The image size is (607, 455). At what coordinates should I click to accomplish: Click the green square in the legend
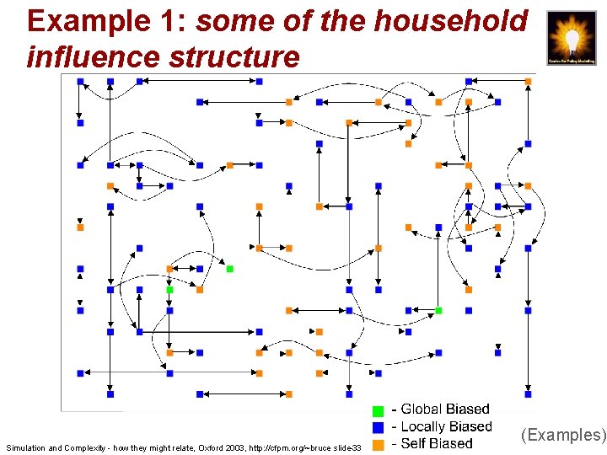point(378,410)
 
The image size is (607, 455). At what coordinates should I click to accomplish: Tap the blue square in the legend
point(378,427)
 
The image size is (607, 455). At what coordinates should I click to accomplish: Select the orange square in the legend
point(378,444)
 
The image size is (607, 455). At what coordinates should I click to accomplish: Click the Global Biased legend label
point(444,410)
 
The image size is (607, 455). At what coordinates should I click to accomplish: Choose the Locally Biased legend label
point(446,427)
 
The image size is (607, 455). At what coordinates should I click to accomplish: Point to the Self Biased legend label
point(437,444)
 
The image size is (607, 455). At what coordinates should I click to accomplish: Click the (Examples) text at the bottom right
point(563,435)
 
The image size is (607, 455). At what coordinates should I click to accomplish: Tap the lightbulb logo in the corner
point(572,38)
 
